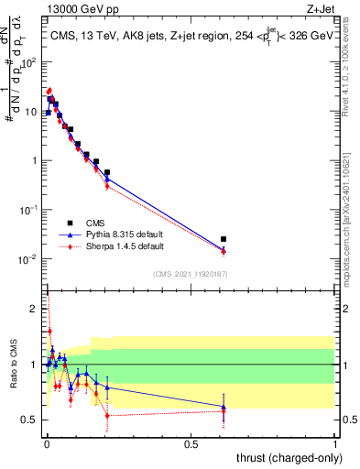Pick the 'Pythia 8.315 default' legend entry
tap(123, 234)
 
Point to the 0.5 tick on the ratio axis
tap(32, 420)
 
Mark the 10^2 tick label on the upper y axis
tap(29, 62)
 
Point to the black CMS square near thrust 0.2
tap(107, 172)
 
